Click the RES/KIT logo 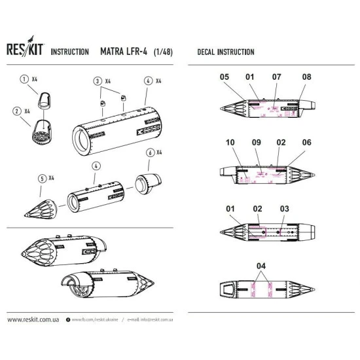point(24,51)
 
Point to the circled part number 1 point(24,80)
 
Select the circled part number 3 point(98,81)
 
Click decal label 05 point(225,77)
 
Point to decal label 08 point(306,77)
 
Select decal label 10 point(230,141)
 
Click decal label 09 point(256,141)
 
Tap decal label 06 point(307,141)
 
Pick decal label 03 point(284,209)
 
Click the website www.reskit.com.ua point(34,320)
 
